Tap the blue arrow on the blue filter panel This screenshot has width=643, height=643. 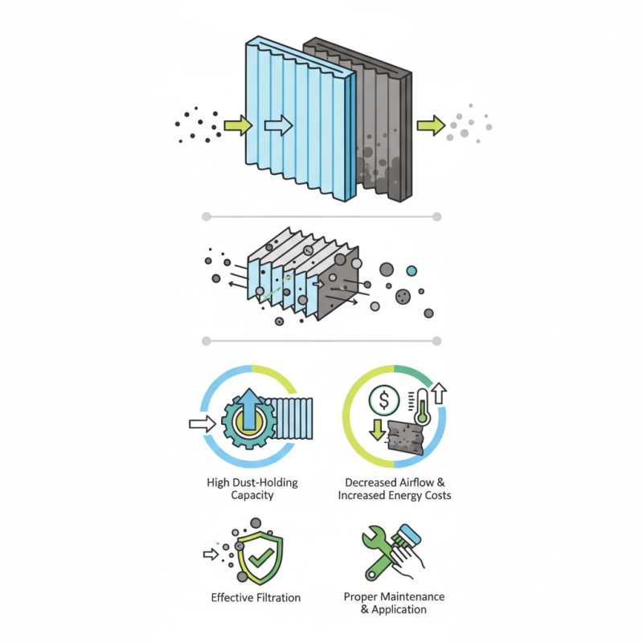click(x=277, y=125)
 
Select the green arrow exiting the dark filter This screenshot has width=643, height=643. click(x=431, y=125)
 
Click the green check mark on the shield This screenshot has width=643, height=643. click(x=259, y=559)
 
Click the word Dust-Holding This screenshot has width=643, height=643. click(x=266, y=482)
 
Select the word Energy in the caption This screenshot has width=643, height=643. click(x=406, y=495)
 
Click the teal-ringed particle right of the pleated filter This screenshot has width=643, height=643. click(x=412, y=271)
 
